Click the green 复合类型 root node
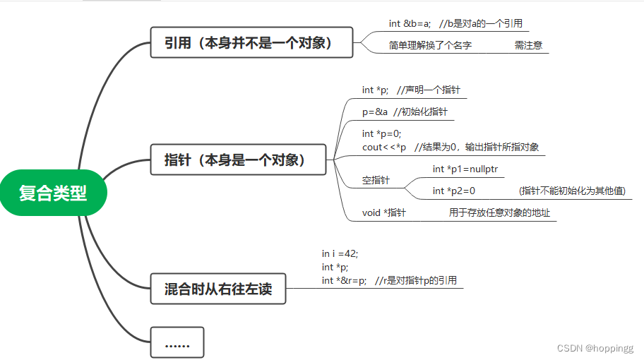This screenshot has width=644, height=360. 53,193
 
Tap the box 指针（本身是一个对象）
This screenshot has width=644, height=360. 239,160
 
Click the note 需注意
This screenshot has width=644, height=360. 528,45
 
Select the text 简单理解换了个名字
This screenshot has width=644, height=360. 430,45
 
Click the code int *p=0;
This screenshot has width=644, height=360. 381,133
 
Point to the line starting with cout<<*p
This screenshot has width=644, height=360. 384,147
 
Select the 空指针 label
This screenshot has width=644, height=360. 376,180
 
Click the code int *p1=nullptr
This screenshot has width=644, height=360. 468,169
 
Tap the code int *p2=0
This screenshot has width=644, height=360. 454,191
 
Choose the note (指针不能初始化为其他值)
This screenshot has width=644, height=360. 572,191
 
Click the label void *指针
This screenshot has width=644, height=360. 383,212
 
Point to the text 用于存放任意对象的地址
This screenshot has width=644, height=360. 499,212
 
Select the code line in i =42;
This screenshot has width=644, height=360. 345,253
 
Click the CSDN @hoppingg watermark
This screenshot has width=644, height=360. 595,348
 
